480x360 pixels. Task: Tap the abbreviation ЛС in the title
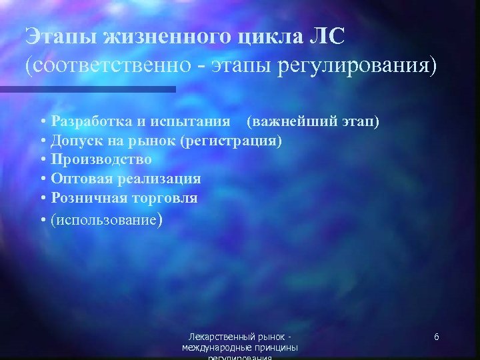327,37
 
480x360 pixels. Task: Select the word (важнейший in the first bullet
283,122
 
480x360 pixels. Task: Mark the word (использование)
105,218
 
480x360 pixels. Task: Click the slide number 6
436,337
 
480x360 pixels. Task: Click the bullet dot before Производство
43,160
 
